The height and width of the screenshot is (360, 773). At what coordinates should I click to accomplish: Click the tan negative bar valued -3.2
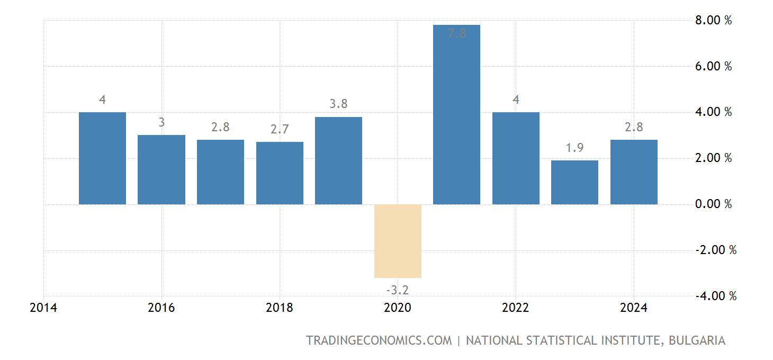398,241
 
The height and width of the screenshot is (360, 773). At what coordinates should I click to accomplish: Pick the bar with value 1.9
574,182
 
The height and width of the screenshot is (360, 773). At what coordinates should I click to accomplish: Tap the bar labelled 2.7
280,173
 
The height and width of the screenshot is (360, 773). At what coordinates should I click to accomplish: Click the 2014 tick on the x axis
43,308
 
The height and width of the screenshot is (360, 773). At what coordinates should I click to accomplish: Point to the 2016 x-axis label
161,308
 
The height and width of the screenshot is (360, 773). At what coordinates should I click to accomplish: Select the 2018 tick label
280,308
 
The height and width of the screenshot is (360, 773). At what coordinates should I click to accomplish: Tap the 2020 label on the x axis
398,308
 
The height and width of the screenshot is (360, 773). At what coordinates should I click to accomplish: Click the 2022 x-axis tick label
516,308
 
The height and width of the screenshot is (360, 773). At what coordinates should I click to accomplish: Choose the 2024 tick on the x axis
634,308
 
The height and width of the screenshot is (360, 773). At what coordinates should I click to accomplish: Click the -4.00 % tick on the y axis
714,296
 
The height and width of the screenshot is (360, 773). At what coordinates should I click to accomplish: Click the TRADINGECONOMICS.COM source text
379,340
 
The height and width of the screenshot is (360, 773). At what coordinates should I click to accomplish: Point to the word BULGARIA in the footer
697,340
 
